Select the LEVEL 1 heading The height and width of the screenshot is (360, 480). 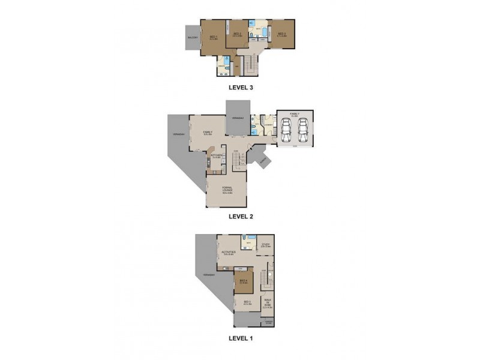241,338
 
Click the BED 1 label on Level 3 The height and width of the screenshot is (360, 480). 213,37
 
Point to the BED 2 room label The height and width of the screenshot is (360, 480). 237,34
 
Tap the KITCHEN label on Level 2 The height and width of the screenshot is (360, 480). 217,156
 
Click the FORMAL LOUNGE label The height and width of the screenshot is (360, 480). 227,190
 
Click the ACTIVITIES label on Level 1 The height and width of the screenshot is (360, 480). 228,253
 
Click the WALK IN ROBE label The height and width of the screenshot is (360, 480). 268,303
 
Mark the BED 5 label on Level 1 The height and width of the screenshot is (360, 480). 247,302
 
